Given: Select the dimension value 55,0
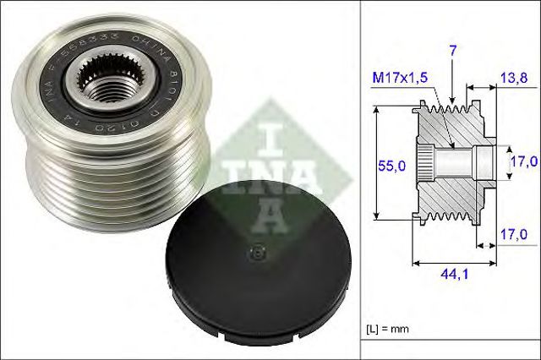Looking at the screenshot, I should click(x=391, y=167).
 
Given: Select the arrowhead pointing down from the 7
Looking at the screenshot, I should click(x=452, y=100).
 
